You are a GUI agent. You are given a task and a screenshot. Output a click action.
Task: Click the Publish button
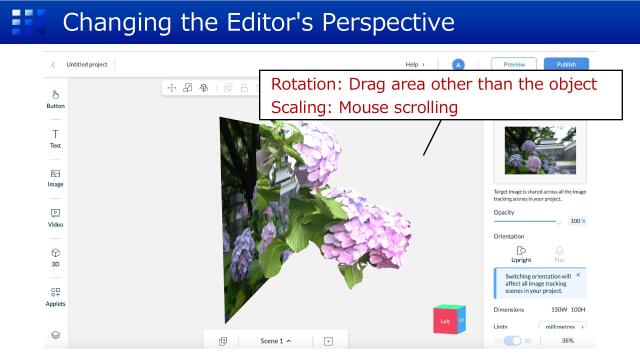point(566,64)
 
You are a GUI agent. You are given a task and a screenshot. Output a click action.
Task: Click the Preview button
point(513,64)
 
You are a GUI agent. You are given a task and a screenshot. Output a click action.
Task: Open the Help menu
point(414,64)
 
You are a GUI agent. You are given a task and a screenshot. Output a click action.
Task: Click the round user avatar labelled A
point(458,64)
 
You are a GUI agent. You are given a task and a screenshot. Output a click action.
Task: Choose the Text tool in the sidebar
point(56,138)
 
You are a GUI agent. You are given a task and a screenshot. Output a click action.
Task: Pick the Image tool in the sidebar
point(56,177)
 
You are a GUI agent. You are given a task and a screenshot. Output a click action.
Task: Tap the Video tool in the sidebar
point(56,217)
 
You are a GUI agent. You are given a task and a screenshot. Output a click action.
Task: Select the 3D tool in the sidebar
point(56,257)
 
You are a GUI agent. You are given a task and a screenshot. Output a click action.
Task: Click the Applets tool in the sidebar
point(56,296)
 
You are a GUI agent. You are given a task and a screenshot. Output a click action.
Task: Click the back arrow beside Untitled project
point(53,64)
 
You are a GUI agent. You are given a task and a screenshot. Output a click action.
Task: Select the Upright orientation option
point(521,253)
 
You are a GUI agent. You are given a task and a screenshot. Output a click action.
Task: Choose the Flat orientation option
point(559,253)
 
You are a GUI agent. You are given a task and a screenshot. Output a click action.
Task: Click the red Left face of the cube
point(445,321)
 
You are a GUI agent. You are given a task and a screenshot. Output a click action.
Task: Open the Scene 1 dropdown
point(275,341)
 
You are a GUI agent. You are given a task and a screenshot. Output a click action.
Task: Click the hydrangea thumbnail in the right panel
point(540,150)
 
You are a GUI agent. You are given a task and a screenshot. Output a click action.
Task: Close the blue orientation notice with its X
point(578,274)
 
